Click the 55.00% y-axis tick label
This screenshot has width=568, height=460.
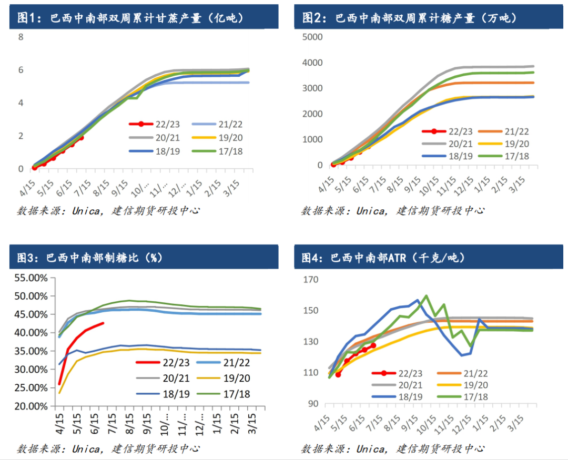pyautogui.click(x=32, y=277)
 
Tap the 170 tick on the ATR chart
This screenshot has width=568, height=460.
pyautogui.click(x=311, y=280)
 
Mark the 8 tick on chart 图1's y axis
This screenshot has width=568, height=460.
pyautogui.click(x=21, y=37)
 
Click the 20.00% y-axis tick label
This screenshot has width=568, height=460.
pyautogui.click(x=32, y=406)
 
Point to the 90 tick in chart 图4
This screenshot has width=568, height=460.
pyautogui.click(x=313, y=404)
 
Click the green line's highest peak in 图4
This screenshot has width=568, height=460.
pyautogui.click(x=426, y=296)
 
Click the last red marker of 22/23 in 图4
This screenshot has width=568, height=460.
pyautogui.click(x=373, y=345)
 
